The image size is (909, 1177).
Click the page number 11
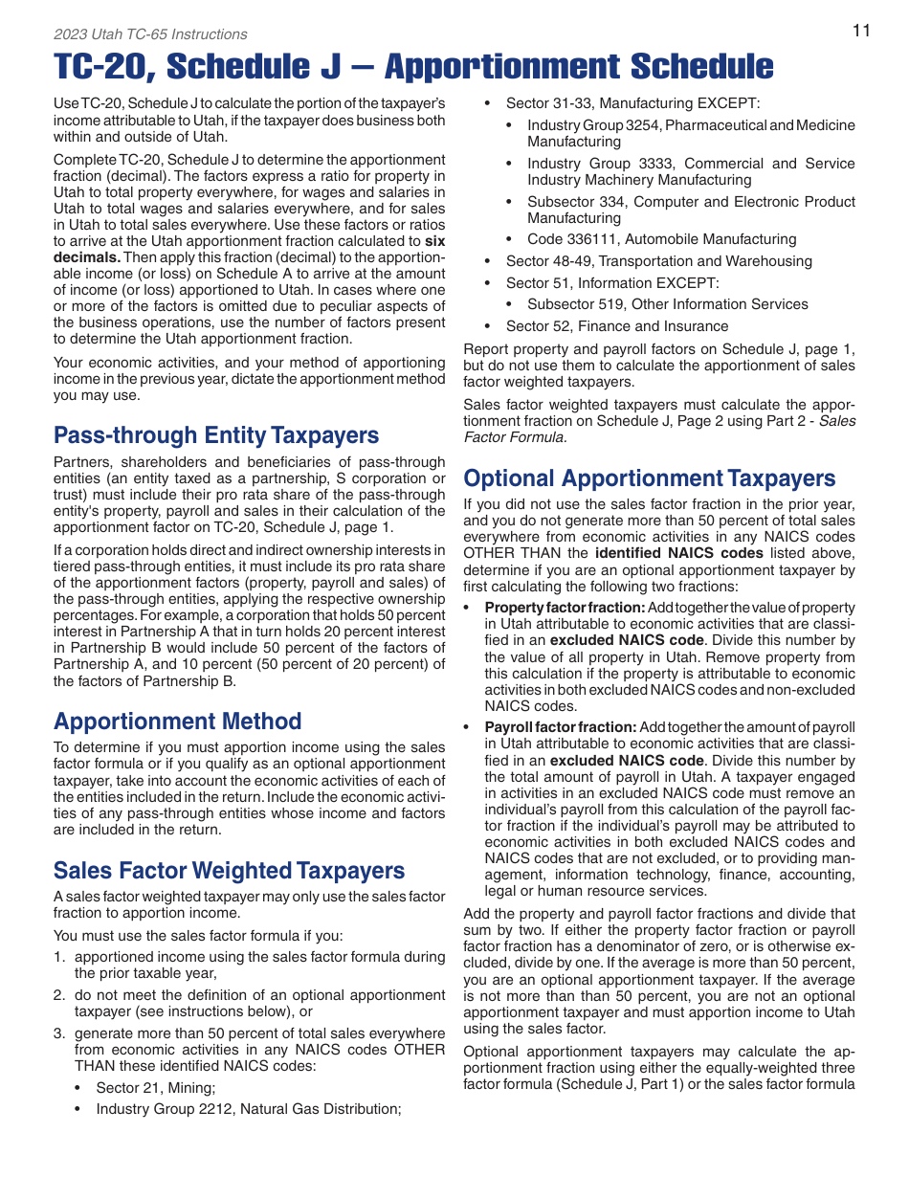861,31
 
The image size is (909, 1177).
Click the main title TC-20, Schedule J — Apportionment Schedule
413,66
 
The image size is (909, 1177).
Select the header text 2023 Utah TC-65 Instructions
150,34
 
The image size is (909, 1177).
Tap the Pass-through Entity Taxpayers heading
216,435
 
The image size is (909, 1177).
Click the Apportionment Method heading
177,721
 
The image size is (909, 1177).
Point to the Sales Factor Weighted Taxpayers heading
229,870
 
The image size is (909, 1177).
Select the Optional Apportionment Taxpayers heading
649,477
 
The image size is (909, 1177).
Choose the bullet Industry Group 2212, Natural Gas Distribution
248,1109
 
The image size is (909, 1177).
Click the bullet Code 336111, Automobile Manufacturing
661,239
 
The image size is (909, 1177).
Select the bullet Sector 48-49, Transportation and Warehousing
658,261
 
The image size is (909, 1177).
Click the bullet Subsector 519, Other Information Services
667,304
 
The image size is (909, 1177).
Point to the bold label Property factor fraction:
565,608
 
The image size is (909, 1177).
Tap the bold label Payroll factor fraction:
560,727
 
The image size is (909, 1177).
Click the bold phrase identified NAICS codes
678,553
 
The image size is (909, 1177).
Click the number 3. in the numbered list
59,1033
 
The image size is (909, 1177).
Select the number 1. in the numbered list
59,956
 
